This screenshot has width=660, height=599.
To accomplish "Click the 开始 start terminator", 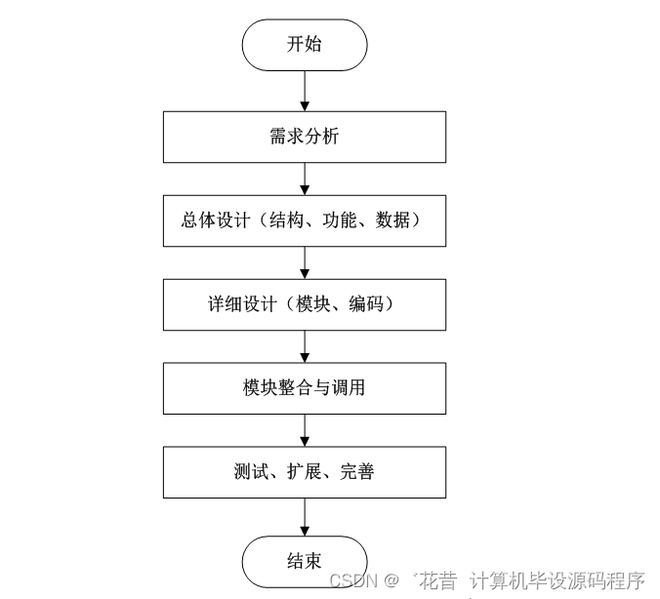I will pyautogui.click(x=305, y=45).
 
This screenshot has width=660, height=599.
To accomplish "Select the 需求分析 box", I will pyautogui.click(x=305, y=137).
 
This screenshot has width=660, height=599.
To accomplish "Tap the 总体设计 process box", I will pyautogui.click(x=305, y=220).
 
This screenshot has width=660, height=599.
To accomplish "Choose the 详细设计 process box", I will pyautogui.click(x=305, y=304).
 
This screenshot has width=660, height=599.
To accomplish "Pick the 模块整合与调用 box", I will pyautogui.click(x=305, y=388).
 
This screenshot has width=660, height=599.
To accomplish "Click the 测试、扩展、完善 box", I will pyautogui.click(x=305, y=472).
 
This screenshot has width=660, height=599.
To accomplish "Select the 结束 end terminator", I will pyautogui.click(x=305, y=561).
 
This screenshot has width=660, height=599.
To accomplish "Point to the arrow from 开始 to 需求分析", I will pyautogui.click(x=305, y=91).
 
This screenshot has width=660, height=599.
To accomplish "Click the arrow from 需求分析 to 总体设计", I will pyautogui.click(x=305, y=179).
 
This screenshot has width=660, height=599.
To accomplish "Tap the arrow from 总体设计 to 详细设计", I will pyautogui.click(x=305, y=262).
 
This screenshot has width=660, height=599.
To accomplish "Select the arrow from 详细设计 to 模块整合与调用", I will pyautogui.click(x=305, y=346).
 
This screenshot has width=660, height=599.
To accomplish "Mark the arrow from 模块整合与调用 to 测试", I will pyautogui.click(x=305, y=430).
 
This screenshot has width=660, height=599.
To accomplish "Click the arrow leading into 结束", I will pyautogui.click(x=305, y=516).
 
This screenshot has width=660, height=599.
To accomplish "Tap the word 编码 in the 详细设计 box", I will pyautogui.click(x=367, y=304).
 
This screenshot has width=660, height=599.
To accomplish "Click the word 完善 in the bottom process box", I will pyautogui.click(x=357, y=472).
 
